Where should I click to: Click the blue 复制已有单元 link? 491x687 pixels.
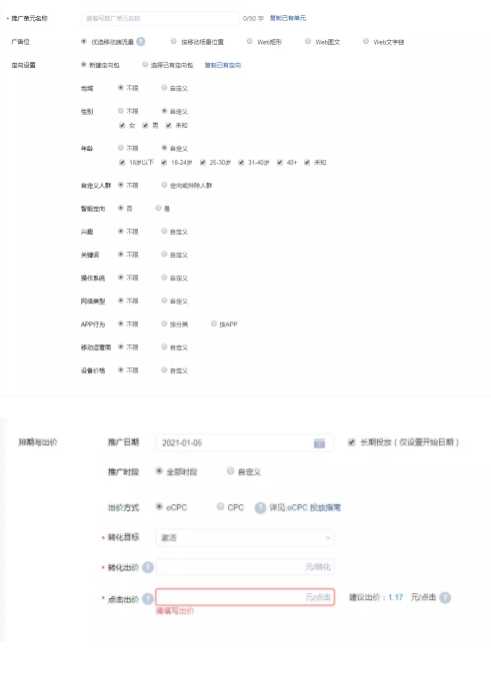click(x=287, y=18)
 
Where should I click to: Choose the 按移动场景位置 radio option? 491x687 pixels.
click(x=174, y=41)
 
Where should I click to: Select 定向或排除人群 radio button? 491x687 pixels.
click(x=163, y=185)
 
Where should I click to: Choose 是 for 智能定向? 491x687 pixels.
click(x=157, y=208)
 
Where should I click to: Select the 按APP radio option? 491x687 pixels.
click(x=213, y=324)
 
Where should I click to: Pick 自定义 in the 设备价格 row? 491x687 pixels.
click(x=163, y=370)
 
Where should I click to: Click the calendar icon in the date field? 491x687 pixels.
click(x=320, y=442)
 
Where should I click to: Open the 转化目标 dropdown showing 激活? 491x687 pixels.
click(x=245, y=537)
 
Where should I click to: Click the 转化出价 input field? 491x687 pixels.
click(x=245, y=567)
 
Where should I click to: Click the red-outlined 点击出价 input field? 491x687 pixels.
click(x=245, y=598)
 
